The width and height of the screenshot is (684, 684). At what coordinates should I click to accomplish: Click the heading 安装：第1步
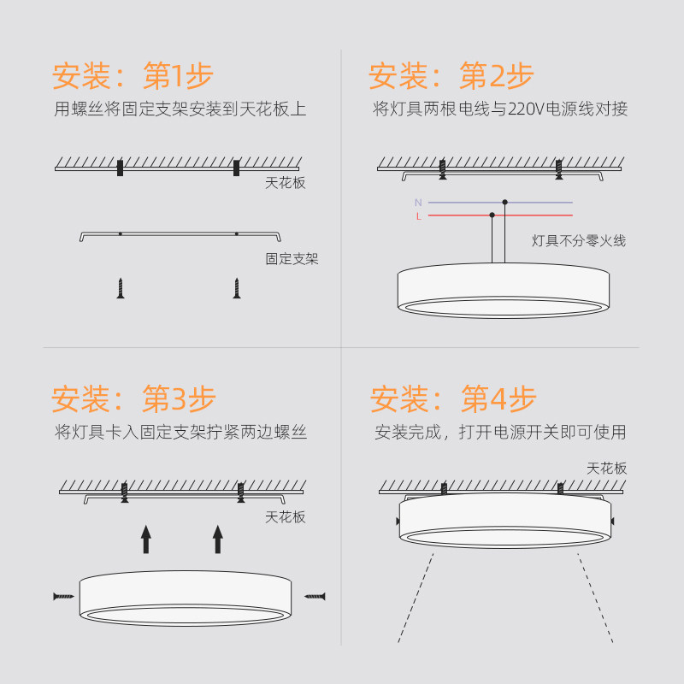click(x=133, y=77)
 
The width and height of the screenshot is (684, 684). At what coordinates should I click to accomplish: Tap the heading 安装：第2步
click(x=451, y=77)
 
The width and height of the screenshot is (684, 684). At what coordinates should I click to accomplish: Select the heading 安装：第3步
click(x=133, y=398)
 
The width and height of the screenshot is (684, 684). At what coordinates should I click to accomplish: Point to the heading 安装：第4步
click(x=453, y=398)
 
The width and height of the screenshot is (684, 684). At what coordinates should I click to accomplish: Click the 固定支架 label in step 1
click(x=292, y=258)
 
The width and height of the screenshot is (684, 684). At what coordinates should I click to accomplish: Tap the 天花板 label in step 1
click(x=285, y=182)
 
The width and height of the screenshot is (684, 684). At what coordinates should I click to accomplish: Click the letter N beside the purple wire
click(x=418, y=203)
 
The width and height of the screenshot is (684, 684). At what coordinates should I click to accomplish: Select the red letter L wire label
click(x=418, y=216)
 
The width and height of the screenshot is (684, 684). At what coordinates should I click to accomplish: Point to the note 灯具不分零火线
click(x=579, y=241)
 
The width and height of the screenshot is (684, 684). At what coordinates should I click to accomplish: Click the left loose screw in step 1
click(x=121, y=288)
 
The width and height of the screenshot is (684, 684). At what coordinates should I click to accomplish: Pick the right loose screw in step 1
click(x=236, y=288)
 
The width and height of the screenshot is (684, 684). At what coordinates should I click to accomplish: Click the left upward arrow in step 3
click(x=146, y=540)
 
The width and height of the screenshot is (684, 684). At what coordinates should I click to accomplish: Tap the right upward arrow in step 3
click(x=217, y=540)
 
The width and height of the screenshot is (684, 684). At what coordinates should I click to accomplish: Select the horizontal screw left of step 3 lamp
click(x=62, y=595)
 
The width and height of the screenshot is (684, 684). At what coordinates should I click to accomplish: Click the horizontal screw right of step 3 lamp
click(x=315, y=595)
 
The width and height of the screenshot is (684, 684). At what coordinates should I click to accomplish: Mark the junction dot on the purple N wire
click(x=505, y=203)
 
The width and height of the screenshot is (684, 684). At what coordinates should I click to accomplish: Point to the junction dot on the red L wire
click(x=492, y=215)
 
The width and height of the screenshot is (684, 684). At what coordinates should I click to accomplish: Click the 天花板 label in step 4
click(x=606, y=469)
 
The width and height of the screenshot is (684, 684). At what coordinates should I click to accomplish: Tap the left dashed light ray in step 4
click(x=415, y=598)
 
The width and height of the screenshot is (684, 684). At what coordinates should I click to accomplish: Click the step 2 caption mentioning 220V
click(x=500, y=109)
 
